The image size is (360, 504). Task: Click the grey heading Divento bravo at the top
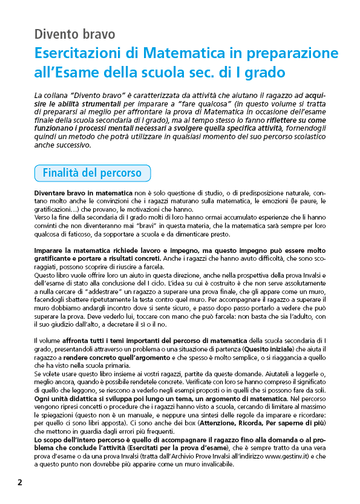point(74,34)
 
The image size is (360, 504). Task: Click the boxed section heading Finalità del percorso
point(92,173)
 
